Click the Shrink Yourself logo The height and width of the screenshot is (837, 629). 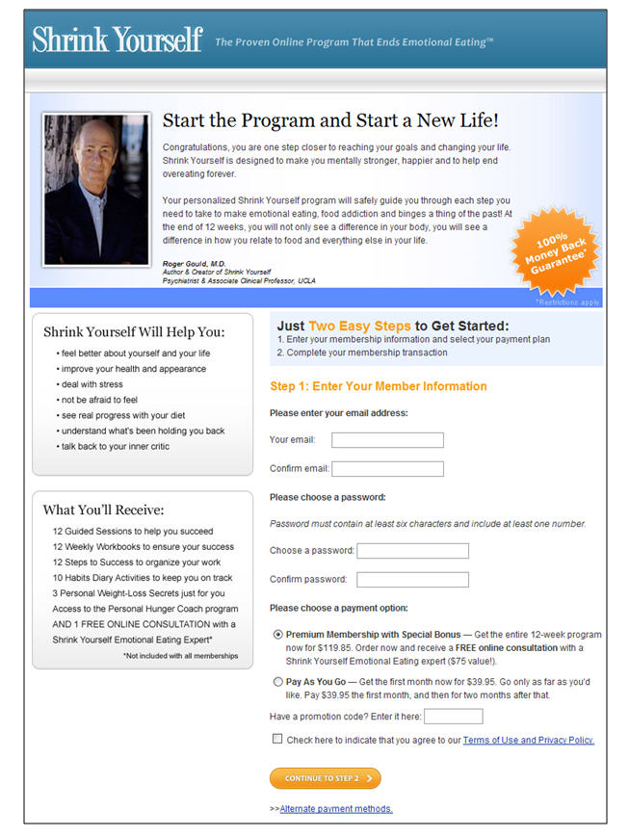point(117,39)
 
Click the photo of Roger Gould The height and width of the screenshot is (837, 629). point(96,189)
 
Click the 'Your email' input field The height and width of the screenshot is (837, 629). point(387,440)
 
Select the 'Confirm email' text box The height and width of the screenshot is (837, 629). point(387,469)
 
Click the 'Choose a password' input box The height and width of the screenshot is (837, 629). point(412,551)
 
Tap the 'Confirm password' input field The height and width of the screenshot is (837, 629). point(412,580)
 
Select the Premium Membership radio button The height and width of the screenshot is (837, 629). point(278,635)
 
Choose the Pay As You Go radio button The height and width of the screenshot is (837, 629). point(278,682)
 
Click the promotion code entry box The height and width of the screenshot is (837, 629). point(453,716)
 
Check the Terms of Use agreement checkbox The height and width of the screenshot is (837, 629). point(277,740)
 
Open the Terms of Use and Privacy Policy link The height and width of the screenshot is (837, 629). point(528,741)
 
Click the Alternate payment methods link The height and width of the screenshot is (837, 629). point(335,809)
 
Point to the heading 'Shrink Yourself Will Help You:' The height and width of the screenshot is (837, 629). point(134,332)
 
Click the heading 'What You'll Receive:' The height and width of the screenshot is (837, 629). point(104,510)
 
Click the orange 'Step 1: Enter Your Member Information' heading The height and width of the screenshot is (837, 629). point(379,386)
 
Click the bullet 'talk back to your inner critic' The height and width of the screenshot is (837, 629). point(115,446)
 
